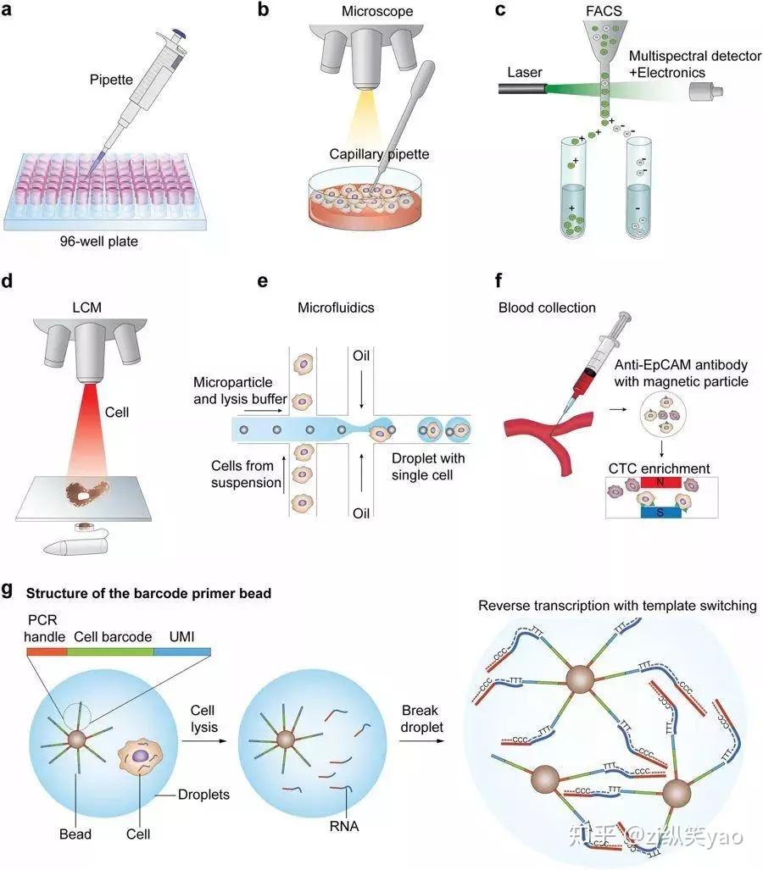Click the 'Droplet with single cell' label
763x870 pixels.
point(428,466)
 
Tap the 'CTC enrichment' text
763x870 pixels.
point(660,468)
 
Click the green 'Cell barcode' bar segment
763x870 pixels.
point(113,651)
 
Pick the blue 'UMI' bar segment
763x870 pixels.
point(182,651)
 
